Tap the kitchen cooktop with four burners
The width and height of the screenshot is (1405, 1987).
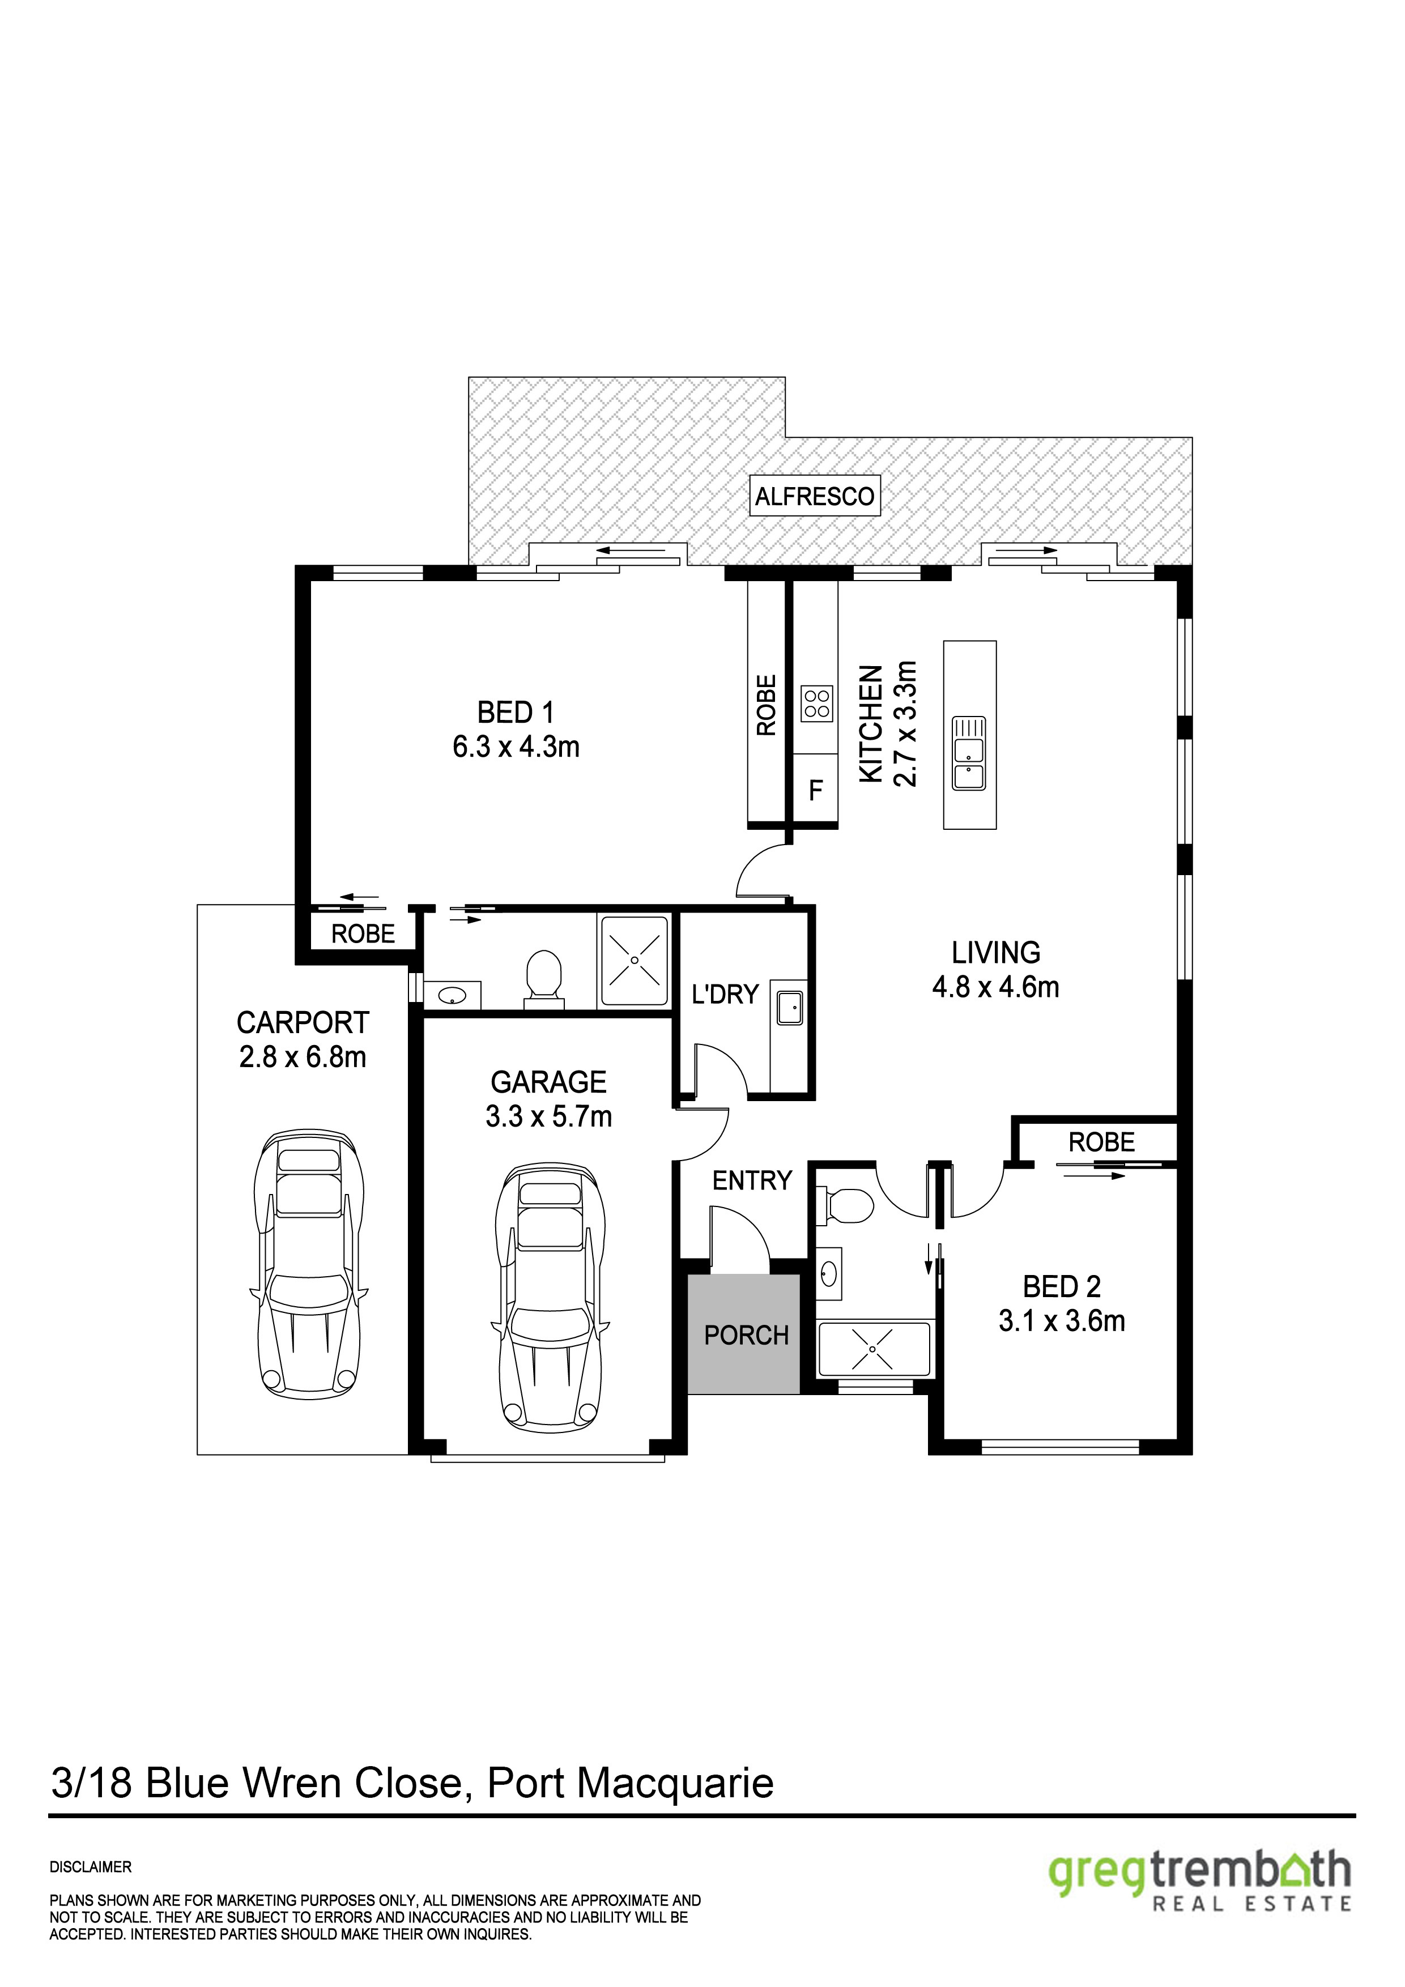816,703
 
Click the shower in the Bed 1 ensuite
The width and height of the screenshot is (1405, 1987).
635,961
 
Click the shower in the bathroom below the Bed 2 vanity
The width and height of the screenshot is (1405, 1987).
874,1348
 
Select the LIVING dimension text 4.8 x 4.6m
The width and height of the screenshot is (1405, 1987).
995,987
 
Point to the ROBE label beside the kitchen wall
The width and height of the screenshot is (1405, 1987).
766,705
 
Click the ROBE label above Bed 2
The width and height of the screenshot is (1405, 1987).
1101,1142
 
